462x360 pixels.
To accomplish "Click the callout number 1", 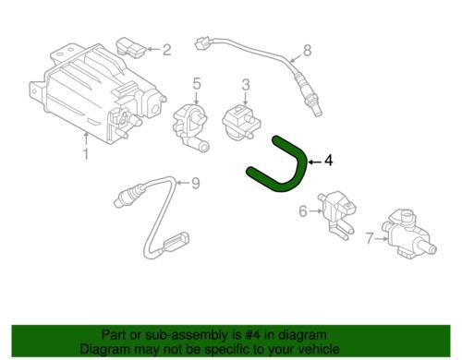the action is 86,153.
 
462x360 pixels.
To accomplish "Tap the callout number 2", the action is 166,50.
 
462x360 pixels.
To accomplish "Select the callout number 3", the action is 246,85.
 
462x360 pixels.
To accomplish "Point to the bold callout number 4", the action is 329,161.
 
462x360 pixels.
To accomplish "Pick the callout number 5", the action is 197,84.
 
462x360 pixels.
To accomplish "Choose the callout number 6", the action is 303,211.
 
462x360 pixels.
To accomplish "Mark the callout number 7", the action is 370,238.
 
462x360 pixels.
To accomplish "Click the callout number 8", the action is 308,51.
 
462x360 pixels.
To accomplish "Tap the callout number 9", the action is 196,184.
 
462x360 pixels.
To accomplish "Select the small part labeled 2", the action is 132,48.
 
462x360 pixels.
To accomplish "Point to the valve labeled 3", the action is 241,122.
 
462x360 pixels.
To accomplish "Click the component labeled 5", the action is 190,127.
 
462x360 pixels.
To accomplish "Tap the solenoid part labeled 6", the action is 337,212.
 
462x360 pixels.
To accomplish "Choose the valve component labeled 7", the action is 407,234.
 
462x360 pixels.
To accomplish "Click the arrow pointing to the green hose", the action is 315,162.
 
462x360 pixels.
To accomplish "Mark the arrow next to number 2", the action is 154,49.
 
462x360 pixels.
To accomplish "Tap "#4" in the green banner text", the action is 251,335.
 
